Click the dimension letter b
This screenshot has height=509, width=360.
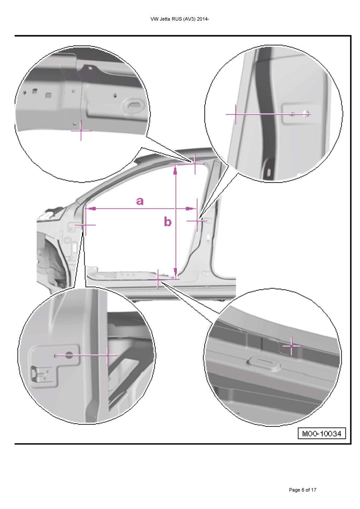click(168, 221)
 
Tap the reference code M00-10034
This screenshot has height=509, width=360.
click(321, 433)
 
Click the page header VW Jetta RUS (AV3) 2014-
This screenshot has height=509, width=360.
click(180, 19)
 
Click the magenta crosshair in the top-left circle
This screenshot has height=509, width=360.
click(81, 131)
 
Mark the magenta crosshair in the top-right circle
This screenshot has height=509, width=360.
click(236, 114)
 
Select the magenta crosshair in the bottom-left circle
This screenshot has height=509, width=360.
click(108, 355)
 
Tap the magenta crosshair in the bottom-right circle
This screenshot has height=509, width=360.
click(292, 346)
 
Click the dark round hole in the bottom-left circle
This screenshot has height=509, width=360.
click(69, 355)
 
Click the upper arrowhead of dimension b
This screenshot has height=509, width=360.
click(175, 170)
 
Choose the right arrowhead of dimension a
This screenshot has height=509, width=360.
click(190, 208)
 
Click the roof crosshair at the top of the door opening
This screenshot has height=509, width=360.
click(195, 164)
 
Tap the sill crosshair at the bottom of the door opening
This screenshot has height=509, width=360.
click(158, 279)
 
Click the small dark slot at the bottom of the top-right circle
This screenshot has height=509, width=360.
click(269, 172)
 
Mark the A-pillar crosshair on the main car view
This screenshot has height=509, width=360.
click(85, 225)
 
